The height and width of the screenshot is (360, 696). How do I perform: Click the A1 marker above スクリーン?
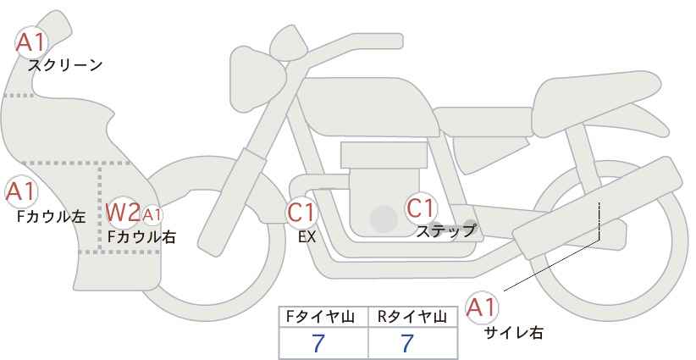[x=30, y=42]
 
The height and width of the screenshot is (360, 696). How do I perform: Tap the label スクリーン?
[x=65, y=66]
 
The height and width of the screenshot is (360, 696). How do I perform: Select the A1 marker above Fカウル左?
[x=21, y=191]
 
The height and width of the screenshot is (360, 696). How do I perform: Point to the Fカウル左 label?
[x=51, y=216]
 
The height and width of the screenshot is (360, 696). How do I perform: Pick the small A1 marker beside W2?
[x=152, y=215]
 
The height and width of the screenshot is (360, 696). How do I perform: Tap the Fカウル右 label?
[x=141, y=237]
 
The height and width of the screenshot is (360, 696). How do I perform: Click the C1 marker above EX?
[x=301, y=212]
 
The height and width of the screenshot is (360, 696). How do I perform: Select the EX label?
[x=307, y=237]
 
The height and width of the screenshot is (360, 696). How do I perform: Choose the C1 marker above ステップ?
[x=420, y=208]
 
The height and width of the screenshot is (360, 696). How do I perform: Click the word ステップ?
[x=445, y=231]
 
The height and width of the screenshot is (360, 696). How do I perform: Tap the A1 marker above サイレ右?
[x=482, y=307]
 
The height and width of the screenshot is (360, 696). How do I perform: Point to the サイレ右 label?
[x=513, y=333]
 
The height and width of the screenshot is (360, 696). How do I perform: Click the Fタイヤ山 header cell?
[x=323, y=318]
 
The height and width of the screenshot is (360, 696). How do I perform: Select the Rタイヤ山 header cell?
[x=413, y=318]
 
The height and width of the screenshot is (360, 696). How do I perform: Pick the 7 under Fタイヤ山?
[x=318, y=343]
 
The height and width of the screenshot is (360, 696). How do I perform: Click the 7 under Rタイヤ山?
[x=407, y=343]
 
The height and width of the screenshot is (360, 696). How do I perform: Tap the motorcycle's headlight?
[x=258, y=73]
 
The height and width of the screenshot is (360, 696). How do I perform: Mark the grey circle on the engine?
[x=384, y=219]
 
